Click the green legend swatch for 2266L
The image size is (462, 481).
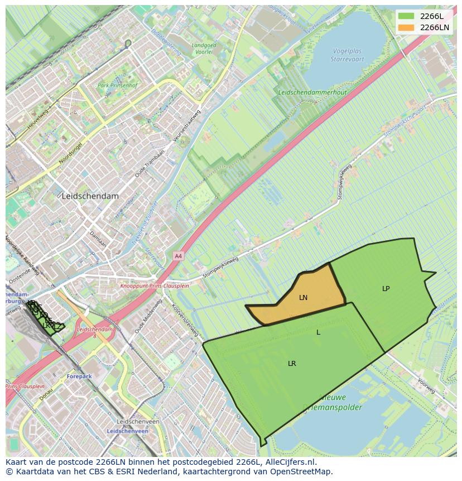406,16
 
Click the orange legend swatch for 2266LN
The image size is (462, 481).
406,27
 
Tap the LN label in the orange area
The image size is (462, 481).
303,298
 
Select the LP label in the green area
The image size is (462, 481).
386,289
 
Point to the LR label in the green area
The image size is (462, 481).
292,364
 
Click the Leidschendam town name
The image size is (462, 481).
90,197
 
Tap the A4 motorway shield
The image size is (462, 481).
178,256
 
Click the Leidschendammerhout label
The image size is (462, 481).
312,93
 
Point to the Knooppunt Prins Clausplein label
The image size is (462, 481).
155,286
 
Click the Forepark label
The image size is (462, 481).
79,377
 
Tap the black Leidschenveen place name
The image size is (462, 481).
138,422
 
